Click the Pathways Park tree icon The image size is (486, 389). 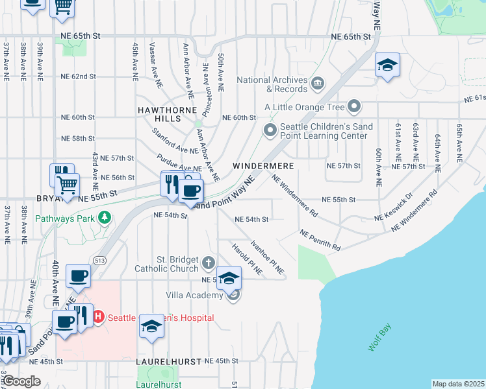pos(105,218)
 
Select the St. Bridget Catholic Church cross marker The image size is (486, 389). pos(208,263)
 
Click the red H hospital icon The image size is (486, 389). pos(98,317)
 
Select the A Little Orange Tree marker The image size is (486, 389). pos(354,106)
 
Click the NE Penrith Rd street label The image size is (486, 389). pos(320,240)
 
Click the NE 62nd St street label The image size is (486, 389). pos(78,77)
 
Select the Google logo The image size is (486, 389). pos(22,381)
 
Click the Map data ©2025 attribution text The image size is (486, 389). pos(457,384)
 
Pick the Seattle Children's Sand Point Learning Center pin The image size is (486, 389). pos(270,131)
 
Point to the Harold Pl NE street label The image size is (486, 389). pos(247,258)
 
